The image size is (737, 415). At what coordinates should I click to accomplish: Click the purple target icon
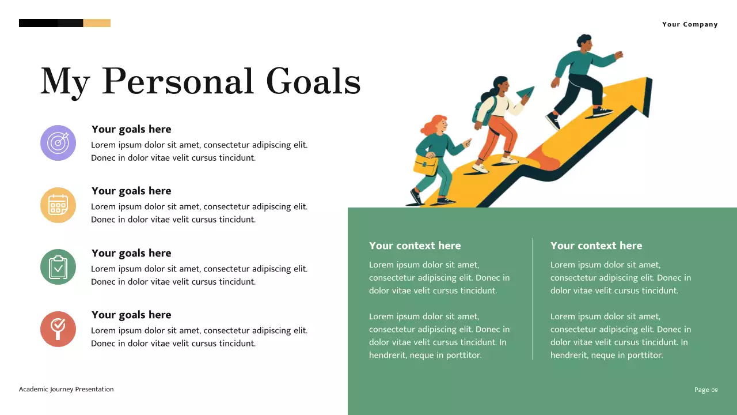pos(58,143)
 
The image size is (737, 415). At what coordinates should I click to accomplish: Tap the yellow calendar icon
pos(58,205)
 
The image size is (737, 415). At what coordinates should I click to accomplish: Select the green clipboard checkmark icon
pos(58,267)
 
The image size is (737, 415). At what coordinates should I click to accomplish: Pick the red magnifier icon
pos(58,329)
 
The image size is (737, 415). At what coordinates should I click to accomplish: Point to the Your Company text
pos(690,24)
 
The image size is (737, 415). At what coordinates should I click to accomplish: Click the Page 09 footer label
pos(706,390)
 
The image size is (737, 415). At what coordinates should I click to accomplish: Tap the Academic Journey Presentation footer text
pos(66,389)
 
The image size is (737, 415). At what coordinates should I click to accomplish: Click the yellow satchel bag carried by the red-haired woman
pos(426,165)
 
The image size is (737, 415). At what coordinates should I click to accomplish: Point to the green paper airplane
pos(526,93)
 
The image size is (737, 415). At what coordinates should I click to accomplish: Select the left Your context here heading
pos(415,246)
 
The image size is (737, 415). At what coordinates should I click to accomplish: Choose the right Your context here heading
pos(596,246)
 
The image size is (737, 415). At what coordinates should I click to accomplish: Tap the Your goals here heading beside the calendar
pos(131,191)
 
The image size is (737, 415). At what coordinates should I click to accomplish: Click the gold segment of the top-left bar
pos(97,23)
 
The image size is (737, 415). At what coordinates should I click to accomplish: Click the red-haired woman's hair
pos(436,124)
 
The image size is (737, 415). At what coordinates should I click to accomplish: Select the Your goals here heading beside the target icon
pos(131,129)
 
